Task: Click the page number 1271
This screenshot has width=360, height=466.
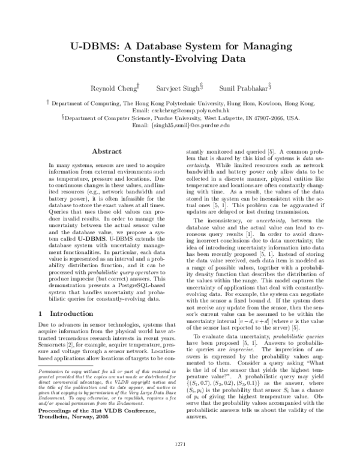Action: [x=180, y=443]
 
